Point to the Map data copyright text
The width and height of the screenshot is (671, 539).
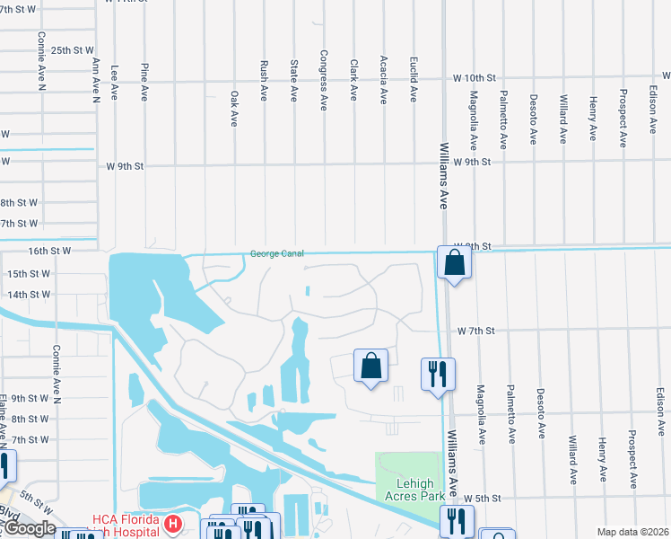pos(633,532)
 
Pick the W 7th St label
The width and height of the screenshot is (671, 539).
pos(475,331)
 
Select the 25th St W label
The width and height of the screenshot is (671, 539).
pos(71,51)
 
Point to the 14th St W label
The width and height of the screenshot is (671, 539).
pos(29,295)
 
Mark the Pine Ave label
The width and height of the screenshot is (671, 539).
pos(144,79)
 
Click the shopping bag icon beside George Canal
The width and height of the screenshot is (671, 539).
pos(455,263)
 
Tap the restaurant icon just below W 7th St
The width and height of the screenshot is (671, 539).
pos(438,373)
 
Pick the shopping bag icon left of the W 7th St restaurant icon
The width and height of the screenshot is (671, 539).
pos(370,366)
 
